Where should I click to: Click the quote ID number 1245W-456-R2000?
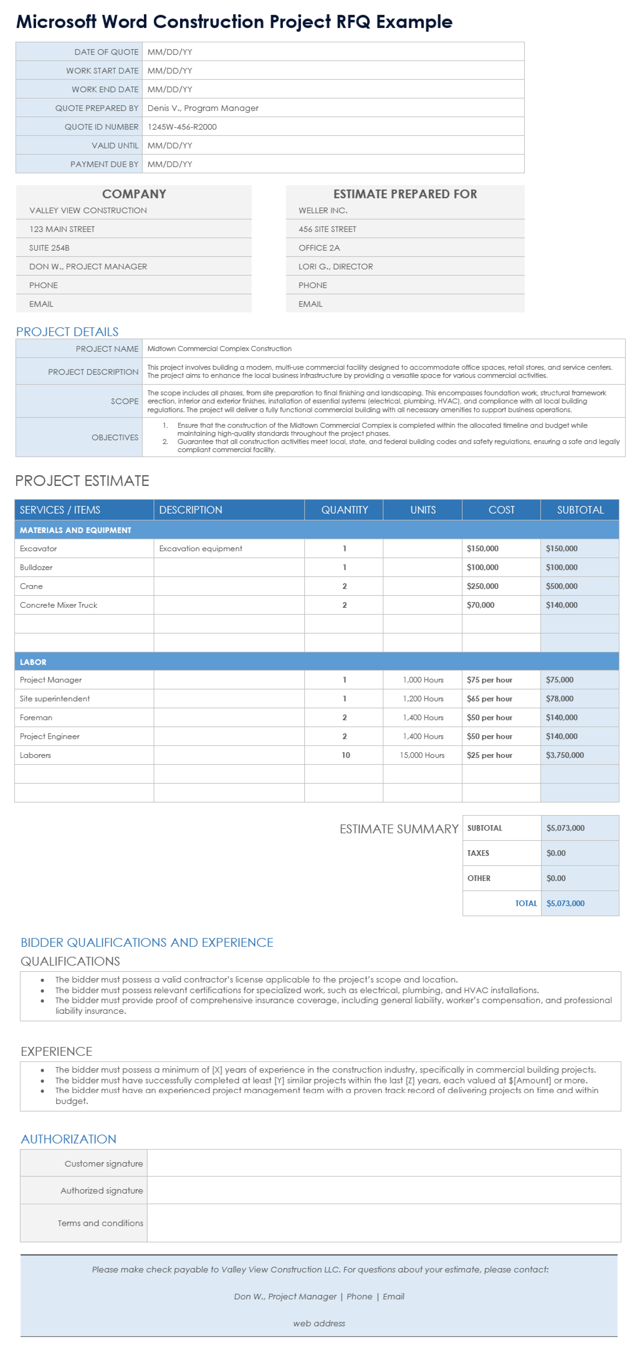click(182, 127)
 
